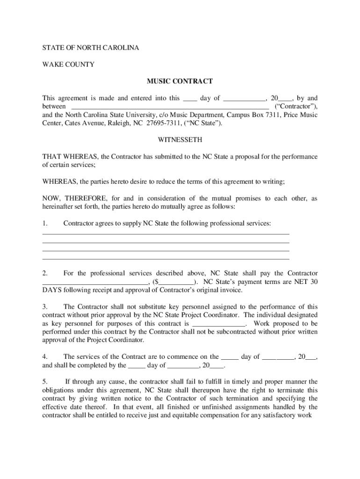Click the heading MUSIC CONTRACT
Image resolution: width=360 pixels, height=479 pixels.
(x=180, y=81)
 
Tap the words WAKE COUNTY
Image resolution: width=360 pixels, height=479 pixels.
(x=68, y=64)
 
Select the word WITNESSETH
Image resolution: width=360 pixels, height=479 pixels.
(x=180, y=140)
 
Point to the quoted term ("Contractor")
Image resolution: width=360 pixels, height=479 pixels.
(x=295, y=107)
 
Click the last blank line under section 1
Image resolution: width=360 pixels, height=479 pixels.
(x=166, y=258)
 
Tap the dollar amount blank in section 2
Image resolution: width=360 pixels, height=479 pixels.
(x=176, y=283)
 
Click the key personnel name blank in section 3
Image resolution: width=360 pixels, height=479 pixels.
(x=219, y=324)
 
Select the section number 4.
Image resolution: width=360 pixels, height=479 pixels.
(x=45, y=356)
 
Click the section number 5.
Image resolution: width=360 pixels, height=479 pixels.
(x=45, y=381)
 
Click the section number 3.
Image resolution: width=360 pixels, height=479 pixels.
(x=45, y=307)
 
